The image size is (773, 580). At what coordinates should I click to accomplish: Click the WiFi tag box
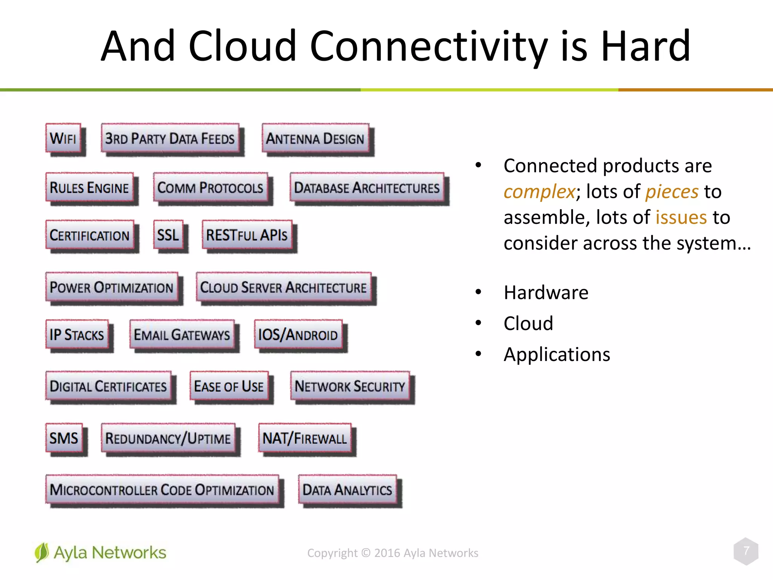(63, 138)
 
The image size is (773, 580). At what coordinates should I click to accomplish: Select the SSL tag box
(168, 235)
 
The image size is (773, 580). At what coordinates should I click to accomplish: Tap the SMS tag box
(64, 438)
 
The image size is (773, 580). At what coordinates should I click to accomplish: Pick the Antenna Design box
(315, 139)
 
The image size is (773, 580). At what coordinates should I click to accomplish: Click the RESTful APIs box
(247, 235)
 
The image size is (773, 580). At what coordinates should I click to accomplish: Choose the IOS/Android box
(298, 335)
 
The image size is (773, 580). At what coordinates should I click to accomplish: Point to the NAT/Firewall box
(305, 438)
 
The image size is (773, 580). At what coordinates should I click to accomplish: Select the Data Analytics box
(347, 490)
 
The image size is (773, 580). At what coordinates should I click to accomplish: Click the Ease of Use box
(229, 386)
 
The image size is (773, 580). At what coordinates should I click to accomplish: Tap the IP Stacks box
(77, 335)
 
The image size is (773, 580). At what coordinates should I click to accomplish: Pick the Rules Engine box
(89, 188)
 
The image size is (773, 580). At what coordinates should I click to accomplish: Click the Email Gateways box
(182, 335)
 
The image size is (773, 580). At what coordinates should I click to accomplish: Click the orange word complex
(539, 192)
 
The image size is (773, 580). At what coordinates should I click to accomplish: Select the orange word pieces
(672, 192)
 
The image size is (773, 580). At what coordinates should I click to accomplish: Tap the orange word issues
(681, 217)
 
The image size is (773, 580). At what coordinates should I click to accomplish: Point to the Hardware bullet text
(546, 293)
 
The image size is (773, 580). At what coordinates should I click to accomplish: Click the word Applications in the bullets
(557, 355)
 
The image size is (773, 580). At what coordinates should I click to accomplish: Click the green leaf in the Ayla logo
(42, 552)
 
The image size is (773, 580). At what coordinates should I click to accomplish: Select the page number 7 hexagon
(746, 551)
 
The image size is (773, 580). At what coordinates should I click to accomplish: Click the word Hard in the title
(645, 46)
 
